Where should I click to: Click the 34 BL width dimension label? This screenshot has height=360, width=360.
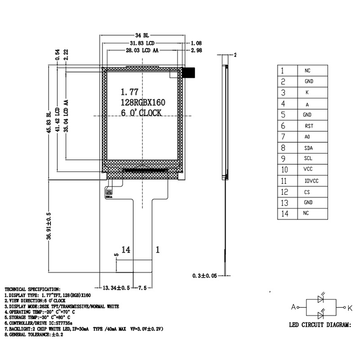[x=142, y=35]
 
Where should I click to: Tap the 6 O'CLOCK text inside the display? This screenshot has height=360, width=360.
[x=141, y=113]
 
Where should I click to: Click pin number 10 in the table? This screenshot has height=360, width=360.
[x=284, y=170]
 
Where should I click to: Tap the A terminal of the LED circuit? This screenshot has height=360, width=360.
[x=293, y=307]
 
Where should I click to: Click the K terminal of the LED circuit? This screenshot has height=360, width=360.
[x=350, y=307]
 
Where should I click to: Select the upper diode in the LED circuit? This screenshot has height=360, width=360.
[x=321, y=298]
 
